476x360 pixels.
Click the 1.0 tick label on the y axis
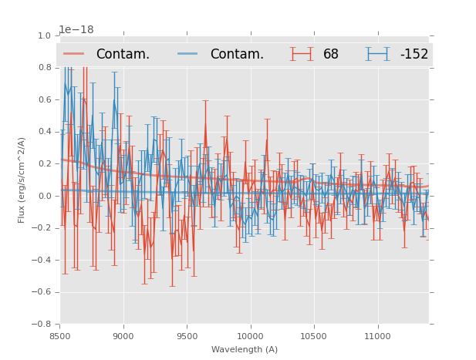coord(44,35)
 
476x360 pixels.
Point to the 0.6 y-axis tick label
coord(44,99)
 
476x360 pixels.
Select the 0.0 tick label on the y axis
coord(44,196)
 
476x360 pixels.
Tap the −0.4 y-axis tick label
coord(42,260)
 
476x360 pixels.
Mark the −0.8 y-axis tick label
coord(42,324)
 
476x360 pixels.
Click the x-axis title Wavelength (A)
coord(245,349)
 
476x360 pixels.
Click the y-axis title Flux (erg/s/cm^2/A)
coord(22,180)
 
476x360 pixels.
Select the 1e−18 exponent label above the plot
coord(76,29)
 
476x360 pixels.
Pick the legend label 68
coord(331,54)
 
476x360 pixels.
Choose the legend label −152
coord(414,54)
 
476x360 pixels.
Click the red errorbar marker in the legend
coord(302,54)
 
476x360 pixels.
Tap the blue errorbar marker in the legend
coord(378,54)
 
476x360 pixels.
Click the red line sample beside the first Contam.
coord(75,54)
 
